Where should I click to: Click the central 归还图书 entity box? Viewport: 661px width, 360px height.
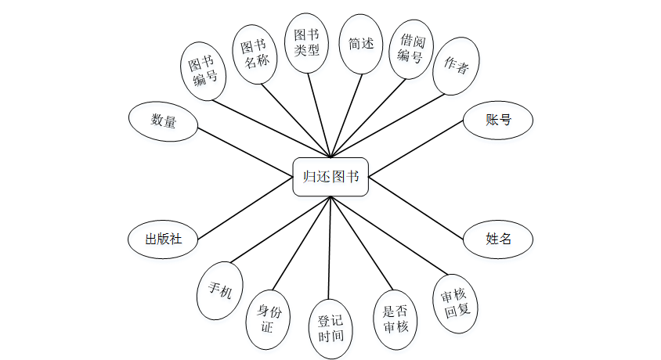click(x=330, y=176)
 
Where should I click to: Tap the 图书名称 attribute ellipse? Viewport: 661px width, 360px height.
click(x=257, y=49)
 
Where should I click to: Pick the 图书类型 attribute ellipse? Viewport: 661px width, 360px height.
click(x=306, y=43)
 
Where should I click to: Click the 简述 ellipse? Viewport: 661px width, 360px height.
click(x=361, y=44)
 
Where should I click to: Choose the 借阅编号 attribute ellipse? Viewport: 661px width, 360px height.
click(x=411, y=49)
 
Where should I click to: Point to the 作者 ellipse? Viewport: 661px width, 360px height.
click(x=457, y=66)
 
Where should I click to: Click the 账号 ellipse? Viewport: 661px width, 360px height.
click(x=498, y=120)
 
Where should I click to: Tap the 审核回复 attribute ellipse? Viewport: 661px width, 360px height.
click(x=455, y=302)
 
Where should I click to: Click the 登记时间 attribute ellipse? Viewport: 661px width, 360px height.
click(x=330, y=329)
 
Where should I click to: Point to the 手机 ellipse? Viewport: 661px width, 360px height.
click(x=220, y=290)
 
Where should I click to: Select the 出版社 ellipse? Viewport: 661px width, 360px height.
click(x=163, y=239)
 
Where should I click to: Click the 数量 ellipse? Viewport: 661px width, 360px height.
click(x=163, y=121)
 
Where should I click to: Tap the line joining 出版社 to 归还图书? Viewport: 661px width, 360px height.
click(x=244, y=208)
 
